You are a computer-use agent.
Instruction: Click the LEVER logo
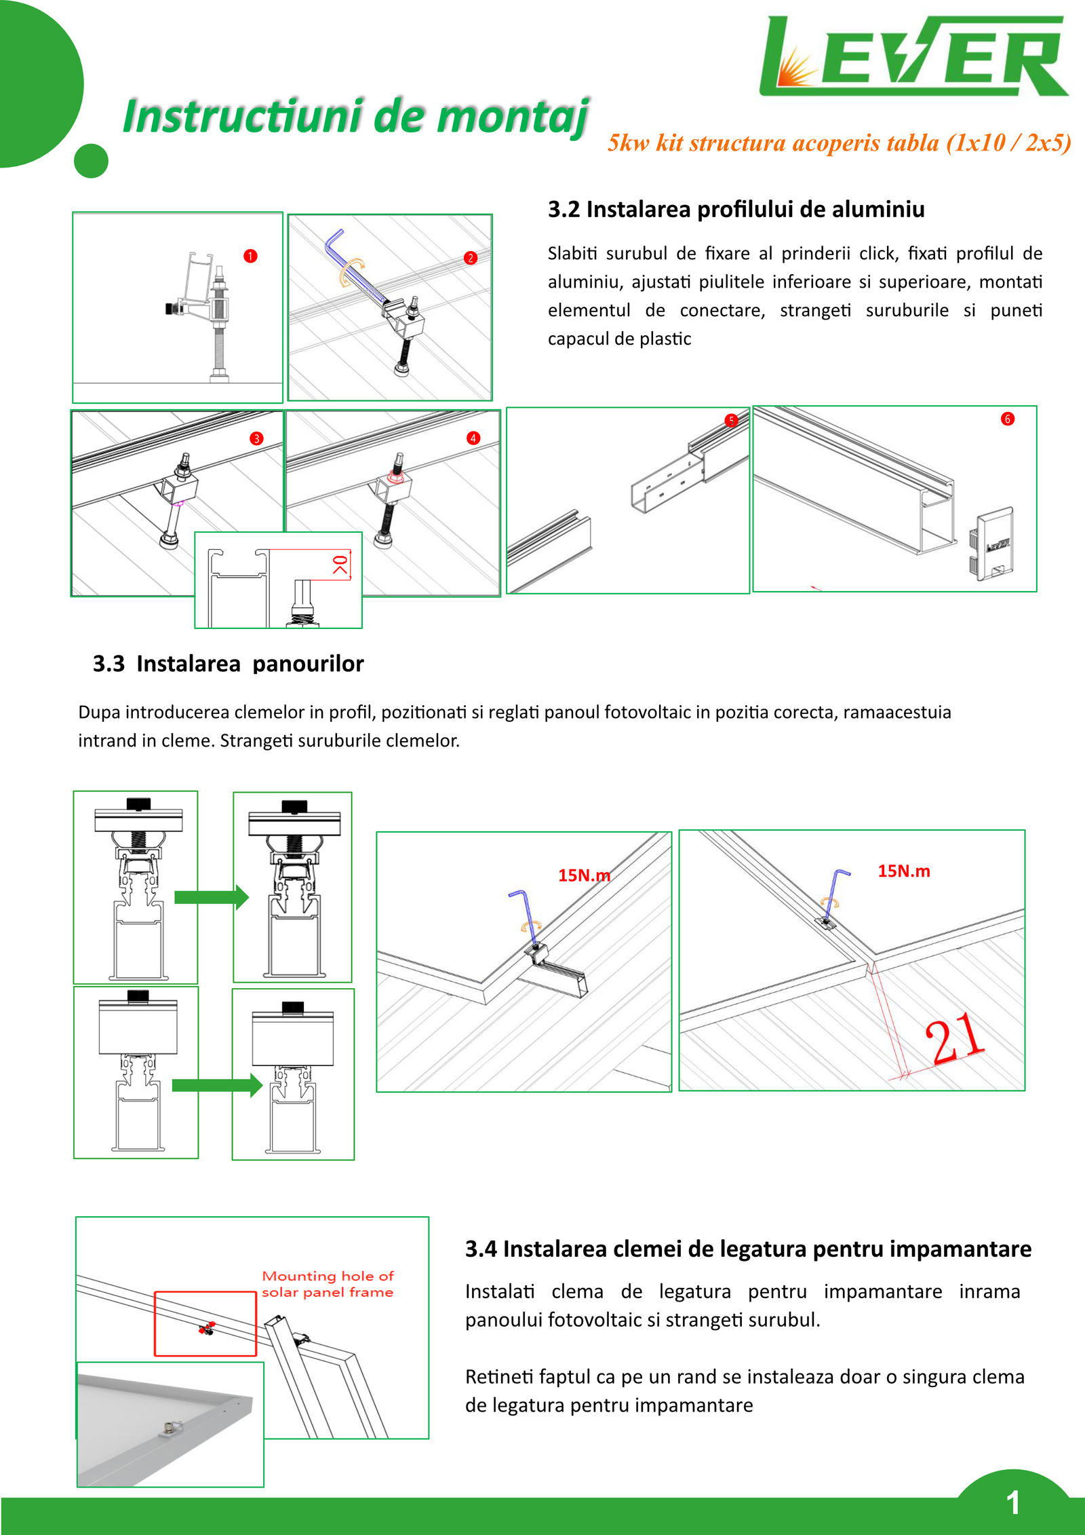[913, 56]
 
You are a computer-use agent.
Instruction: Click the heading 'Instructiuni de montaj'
[355, 117]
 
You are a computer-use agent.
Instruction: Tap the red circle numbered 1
[250, 256]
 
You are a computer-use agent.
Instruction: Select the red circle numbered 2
[471, 258]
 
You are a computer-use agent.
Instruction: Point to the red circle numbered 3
[256, 438]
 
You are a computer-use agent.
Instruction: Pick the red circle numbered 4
[473, 438]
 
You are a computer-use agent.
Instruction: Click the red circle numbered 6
[1008, 419]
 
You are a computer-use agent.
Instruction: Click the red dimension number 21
[955, 1038]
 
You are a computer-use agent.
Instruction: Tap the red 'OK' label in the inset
[340, 565]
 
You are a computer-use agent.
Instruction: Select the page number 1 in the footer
[1013, 1502]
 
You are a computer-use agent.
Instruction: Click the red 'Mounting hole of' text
[328, 1276]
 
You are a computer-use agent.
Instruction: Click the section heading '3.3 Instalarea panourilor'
[228, 663]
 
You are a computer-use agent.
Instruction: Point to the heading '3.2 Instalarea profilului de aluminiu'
[736, 209]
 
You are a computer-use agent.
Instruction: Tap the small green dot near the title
[91, 161]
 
